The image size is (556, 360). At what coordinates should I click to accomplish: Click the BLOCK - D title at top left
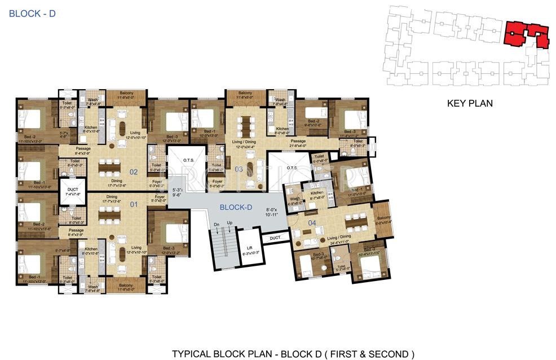tap(32, 13)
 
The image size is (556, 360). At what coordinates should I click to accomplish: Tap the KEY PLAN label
tap(470, 103)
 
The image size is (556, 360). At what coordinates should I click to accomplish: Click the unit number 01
tap(134, 204)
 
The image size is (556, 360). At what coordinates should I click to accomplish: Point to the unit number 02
tap(134, 173)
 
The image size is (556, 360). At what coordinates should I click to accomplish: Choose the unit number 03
tap(239, 169)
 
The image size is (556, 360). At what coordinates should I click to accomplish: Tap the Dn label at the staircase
tap(216, 224)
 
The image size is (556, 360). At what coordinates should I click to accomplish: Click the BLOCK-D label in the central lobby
tap(236, 207)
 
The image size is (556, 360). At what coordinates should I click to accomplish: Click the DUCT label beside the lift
tap(274, 238)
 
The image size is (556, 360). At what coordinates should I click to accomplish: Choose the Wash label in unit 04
tap(295, 199)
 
